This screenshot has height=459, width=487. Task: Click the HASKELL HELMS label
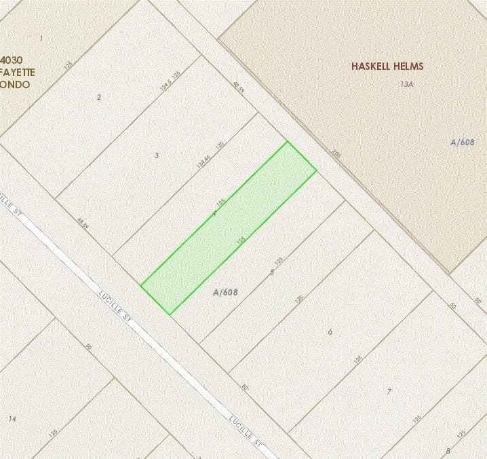(x=387, y=67)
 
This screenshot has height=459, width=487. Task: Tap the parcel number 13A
(x=406, y=84)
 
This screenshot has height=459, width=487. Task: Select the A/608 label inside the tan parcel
(x=462, y=142)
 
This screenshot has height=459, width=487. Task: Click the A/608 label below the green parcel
(x=225, y=293)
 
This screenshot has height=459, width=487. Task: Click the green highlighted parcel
(x=229, y=227)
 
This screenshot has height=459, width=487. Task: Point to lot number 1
(x=41, y=39)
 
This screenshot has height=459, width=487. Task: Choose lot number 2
(x=99, y=97)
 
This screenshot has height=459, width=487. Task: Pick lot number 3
(x=157, y=155)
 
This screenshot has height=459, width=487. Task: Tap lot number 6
(x=330, y=332)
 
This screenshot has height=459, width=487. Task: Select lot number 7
(x=389, y=392)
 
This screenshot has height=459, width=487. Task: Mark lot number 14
(x=12, y=419)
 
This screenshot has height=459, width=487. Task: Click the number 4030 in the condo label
(x=12, y=60)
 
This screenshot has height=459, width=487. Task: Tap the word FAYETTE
(x=18, y=72)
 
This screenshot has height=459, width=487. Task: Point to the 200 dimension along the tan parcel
(x=335, y=154)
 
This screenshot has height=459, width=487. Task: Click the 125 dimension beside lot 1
(x=68, y=65)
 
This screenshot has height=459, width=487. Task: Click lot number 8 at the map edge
(x=448, y=451)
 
